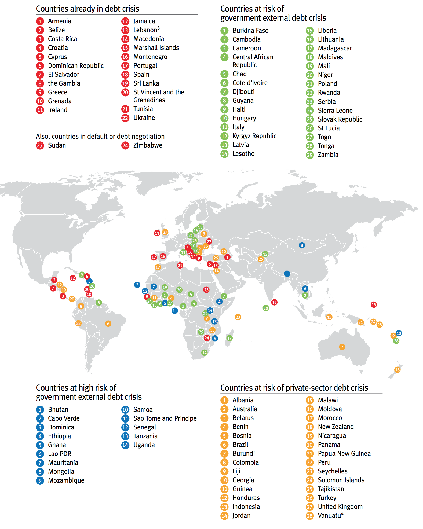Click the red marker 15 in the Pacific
[x=374, y=304]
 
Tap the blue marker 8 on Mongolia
[x=302, y=245]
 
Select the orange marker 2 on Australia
[x=342, y=347]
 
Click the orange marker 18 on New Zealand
[x=397, y=370]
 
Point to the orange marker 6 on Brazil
[x=108, y=324]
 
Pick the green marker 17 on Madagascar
[x=229, y=338]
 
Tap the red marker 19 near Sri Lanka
[x=274, y=302]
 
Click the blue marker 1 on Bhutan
[x=287, y=274]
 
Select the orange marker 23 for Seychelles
[x=238, y=317]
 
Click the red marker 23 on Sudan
[x=206, y=290]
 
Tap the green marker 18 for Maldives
[x=266, y=308]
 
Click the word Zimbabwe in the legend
[x=148, y=145]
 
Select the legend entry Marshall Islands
[x=156, y=48]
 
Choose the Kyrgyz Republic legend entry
[x=254, y=136]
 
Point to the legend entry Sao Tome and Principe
[x=165, y=418]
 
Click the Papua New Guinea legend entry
[x=344, y=454]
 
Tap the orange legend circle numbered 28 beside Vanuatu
[x=310, y=516]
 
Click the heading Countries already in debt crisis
[x=87, y=9]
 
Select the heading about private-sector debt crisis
[x=294, y=388]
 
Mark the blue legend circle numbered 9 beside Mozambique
[x=40, y=480]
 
